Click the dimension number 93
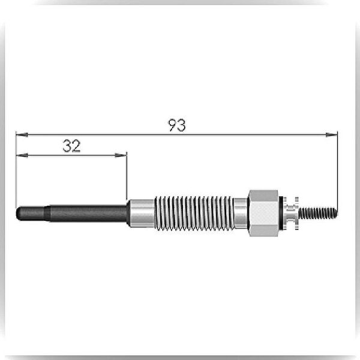177,125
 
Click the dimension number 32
71,146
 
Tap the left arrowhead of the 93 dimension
22,134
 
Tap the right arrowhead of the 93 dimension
332,134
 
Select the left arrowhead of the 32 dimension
22,155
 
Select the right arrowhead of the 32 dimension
121,155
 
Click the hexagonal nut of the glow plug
263,213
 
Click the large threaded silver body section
194,213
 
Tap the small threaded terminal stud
318,213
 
